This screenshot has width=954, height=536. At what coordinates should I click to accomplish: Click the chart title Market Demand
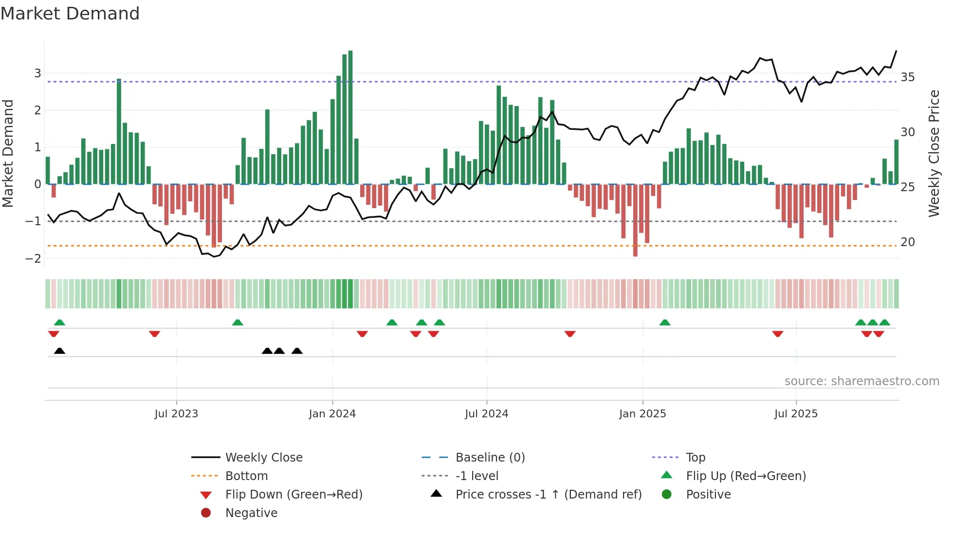pos(70,14)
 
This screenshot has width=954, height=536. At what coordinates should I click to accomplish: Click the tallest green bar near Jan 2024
pos(350,117)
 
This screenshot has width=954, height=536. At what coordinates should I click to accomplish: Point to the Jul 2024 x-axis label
pos(486,414)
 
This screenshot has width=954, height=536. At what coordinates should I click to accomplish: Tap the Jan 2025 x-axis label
pos(642,414)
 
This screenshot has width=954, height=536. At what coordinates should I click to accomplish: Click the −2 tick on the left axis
pos(34,258)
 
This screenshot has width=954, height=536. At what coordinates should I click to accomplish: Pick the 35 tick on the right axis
pos(908,77)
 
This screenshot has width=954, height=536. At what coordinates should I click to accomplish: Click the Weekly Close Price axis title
pos(934,153)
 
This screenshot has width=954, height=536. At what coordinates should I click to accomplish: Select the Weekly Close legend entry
pos(263,458)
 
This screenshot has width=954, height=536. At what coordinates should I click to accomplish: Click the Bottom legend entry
pos(246,476)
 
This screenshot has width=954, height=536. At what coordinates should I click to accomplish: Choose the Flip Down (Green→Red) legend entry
pos(294,495)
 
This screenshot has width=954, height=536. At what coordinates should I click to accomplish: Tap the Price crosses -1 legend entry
pos(548,495)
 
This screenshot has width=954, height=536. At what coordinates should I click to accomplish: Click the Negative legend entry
pos(251,513)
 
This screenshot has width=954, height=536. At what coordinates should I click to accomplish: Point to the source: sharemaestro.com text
pos(862,381)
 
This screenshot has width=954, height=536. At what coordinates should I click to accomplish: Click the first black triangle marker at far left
pos(59,351)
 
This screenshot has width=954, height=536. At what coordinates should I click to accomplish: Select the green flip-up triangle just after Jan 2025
pos(665,322)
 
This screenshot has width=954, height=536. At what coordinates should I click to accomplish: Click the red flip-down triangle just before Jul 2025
pos(778,334)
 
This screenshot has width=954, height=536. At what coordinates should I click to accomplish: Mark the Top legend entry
pos(696,458)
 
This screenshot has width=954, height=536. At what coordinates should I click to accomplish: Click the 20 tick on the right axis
pos(908,242)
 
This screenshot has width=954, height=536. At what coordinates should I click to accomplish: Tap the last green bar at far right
pos(897,162)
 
